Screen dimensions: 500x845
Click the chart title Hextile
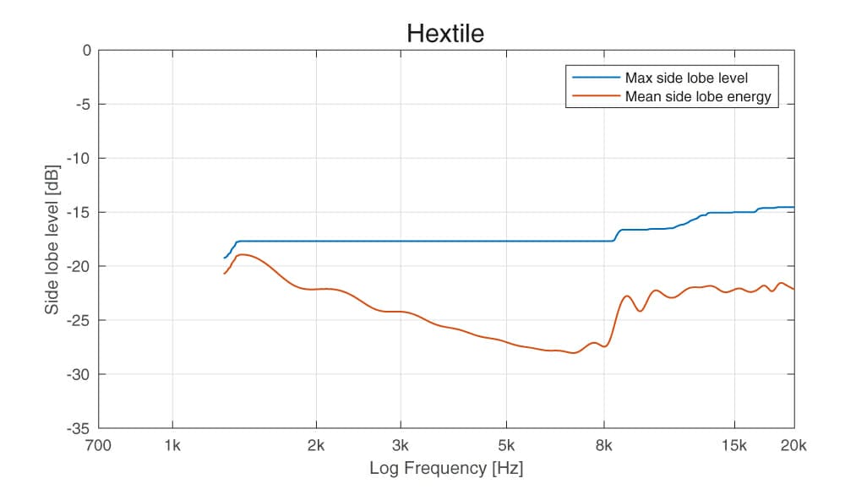[x=444, y=33]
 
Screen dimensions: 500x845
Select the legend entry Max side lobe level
[x=685, y=79]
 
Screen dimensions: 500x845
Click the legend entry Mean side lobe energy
[x=698, y=96]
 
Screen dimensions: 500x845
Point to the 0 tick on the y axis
[x=85, y=50]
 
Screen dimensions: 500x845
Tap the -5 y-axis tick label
[x=83, y=104]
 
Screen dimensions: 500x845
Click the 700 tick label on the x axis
[x=99, y=446]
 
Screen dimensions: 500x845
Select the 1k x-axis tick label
[x=172, y=446]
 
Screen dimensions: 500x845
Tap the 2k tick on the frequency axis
[x=317, y=446]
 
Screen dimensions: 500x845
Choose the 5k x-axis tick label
[x=506, y=446]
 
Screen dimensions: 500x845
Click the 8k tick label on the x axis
[x=604, y=446]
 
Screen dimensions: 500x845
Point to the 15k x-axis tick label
[x=734, y=446]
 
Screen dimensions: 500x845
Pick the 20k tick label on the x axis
[x=794, y=446]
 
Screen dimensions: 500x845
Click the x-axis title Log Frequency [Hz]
[x=446, y=468]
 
